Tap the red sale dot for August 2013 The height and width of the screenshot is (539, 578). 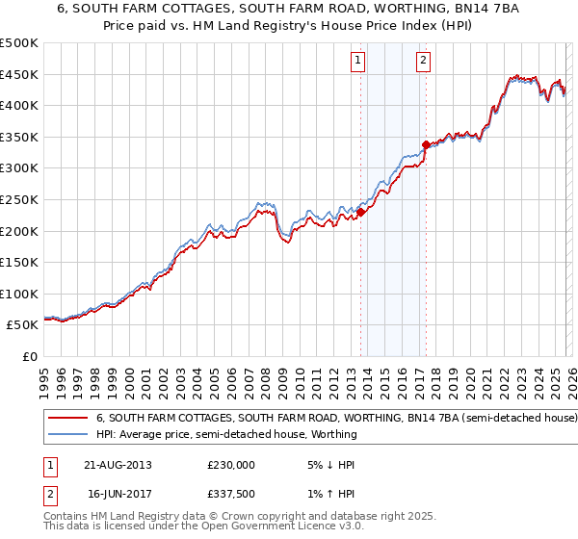(361, 212)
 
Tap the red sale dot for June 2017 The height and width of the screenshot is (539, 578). (426, 144)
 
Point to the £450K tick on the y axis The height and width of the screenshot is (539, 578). (19, 74)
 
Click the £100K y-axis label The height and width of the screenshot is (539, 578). (19, 294)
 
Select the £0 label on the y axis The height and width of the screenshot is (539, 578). (29, 356)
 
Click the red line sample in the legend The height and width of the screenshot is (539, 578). (67, 419)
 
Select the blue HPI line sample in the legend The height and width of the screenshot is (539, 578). (67, 434)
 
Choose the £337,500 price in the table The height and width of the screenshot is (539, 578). (231, 494)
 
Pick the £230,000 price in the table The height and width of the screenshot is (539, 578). (231, 464)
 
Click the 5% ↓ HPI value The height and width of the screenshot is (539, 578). (331, 464)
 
